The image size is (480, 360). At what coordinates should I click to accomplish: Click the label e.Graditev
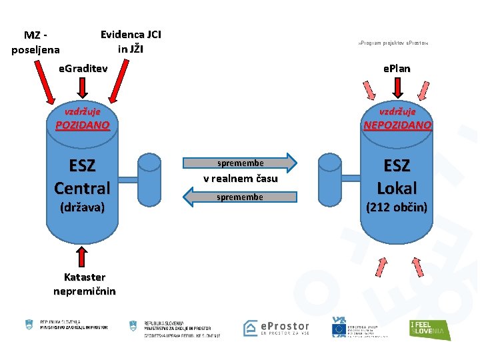tap(83, 68)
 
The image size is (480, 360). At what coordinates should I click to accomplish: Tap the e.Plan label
tap(396, 68)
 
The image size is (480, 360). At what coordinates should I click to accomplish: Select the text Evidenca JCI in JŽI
tap(131, 41)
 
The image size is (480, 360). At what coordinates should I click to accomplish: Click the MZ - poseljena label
tap(36, 42)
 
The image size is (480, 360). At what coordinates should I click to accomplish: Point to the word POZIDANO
tap(83, 125)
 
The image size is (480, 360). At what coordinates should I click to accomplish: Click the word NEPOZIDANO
tap(397, 125)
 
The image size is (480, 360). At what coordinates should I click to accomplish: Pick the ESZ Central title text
tap(82, 177)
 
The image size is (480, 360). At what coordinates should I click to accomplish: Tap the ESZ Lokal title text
tap(397, 177)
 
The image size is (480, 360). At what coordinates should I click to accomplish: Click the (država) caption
tap(82, 207)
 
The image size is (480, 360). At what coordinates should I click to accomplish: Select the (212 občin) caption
tap(397, 207)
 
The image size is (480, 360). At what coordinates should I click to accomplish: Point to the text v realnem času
tap(240, 179)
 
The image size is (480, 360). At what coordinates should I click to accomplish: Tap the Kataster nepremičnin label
tap(85, 284)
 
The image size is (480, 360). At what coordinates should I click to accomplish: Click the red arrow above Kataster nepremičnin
tap(83, 257)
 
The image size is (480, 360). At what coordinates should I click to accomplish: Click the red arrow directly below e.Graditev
tap(83, 87)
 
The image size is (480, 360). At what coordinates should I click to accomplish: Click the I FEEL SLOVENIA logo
tap(429, 329)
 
